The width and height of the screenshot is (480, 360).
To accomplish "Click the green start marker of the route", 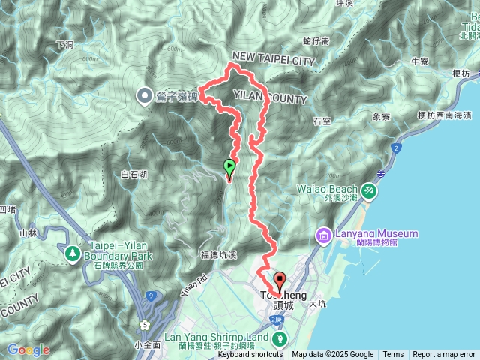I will click(229, 167).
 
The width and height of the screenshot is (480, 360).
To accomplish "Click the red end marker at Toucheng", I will click(280, 282).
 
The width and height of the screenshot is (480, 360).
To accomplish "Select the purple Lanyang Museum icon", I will click(324, 235).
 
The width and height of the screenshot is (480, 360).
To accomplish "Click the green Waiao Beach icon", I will click(369, 191).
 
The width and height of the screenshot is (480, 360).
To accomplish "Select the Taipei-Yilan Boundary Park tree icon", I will click(73, 253).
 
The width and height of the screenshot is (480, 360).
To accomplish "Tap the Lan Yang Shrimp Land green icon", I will click(279, 338).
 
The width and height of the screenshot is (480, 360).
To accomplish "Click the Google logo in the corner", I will click(28, 349).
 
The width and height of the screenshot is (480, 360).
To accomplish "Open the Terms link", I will click(393, 355).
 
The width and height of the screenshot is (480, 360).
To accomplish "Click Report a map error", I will click(444, 355).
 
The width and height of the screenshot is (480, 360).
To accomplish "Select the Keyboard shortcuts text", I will click(252, 355).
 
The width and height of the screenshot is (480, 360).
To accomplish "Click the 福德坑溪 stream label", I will click(219, 255).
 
